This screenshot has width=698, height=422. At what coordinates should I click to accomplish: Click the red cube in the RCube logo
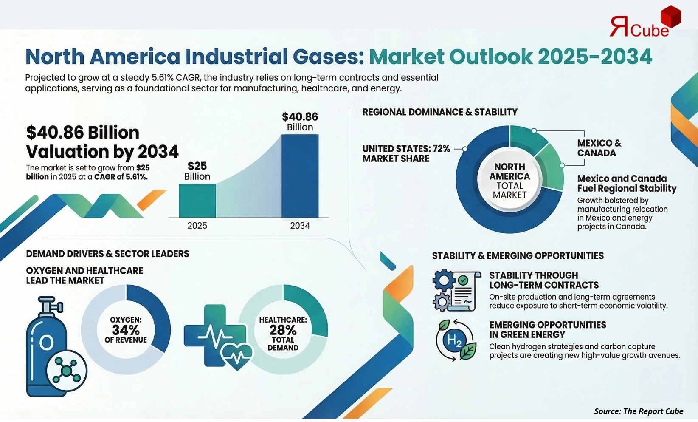(x=671, y=17)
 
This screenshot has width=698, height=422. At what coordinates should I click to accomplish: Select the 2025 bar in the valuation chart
(x=197, y=201)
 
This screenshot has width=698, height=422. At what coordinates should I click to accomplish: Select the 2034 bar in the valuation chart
(x=300, y=176)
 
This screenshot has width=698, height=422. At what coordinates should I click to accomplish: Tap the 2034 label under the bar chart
(x=300, y=226)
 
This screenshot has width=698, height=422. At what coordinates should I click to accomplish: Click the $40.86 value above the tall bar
(x=300, y=117)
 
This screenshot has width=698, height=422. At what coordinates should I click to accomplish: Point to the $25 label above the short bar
(x=197, y=166)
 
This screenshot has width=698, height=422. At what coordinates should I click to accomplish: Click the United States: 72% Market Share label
(x=406, y=153)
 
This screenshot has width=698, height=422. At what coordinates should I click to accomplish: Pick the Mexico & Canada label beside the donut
(x=599, y=148)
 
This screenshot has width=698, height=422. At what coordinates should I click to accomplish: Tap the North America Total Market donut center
(x=509, y=181)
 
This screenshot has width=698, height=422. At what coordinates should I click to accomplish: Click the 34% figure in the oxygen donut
(x=126, y=330)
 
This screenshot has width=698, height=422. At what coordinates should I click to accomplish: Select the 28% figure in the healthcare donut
(x=283, y=330)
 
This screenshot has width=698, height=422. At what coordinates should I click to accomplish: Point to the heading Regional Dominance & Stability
(x=440, y=112)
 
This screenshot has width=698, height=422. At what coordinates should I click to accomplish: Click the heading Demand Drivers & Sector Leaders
(x=107, y=254)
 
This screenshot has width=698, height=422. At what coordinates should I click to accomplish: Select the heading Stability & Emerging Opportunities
(x=518, y=256)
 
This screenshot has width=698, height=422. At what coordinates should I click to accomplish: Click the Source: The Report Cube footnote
(x=638, y=411)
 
